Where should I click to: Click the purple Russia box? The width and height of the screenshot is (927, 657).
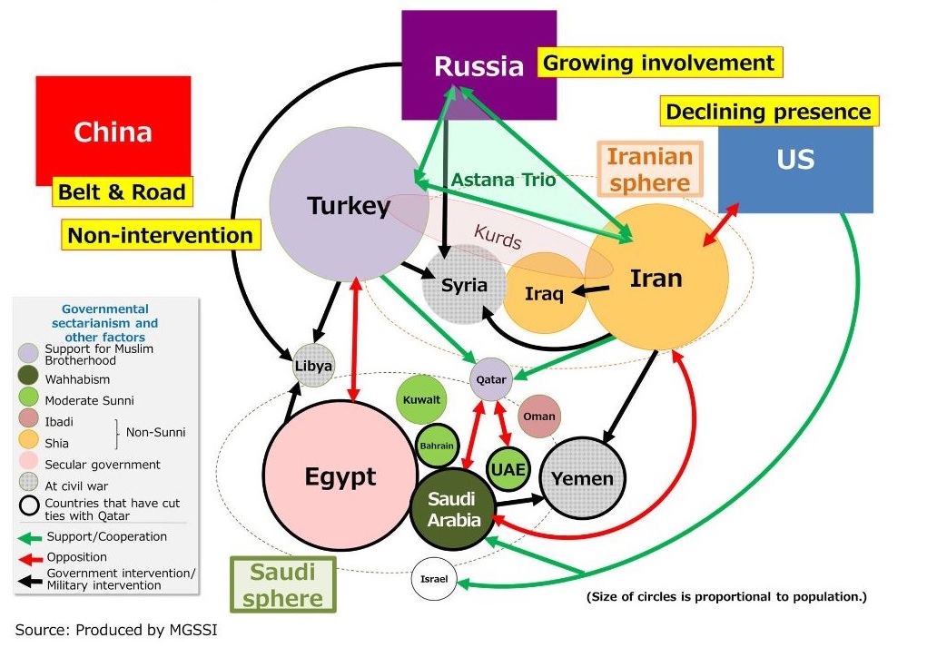(478, 65)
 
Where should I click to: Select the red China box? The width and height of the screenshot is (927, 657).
(113, 131)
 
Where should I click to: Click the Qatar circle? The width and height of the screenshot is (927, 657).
(491, 378)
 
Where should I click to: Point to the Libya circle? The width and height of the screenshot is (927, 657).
(314, 367)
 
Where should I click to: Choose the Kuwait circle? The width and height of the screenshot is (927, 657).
(421, 399)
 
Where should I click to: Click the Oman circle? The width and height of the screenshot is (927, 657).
(539, 417)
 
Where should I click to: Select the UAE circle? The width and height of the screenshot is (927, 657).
(508, 468)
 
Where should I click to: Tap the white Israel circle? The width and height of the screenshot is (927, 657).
(434, 580)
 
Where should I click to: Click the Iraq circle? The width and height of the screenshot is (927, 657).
(545, 293)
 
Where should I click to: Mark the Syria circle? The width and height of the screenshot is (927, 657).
(464, 285)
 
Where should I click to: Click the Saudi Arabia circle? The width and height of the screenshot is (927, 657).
(452, 510)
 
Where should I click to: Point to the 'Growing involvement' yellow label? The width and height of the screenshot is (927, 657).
(660, 63)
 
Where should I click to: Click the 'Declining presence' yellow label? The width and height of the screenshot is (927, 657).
(768, 112)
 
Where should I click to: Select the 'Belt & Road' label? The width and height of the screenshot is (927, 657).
(122, 191)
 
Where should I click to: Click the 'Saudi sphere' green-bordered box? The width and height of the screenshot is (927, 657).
(282, 584)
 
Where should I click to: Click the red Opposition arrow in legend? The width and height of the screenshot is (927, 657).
(30, 557)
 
